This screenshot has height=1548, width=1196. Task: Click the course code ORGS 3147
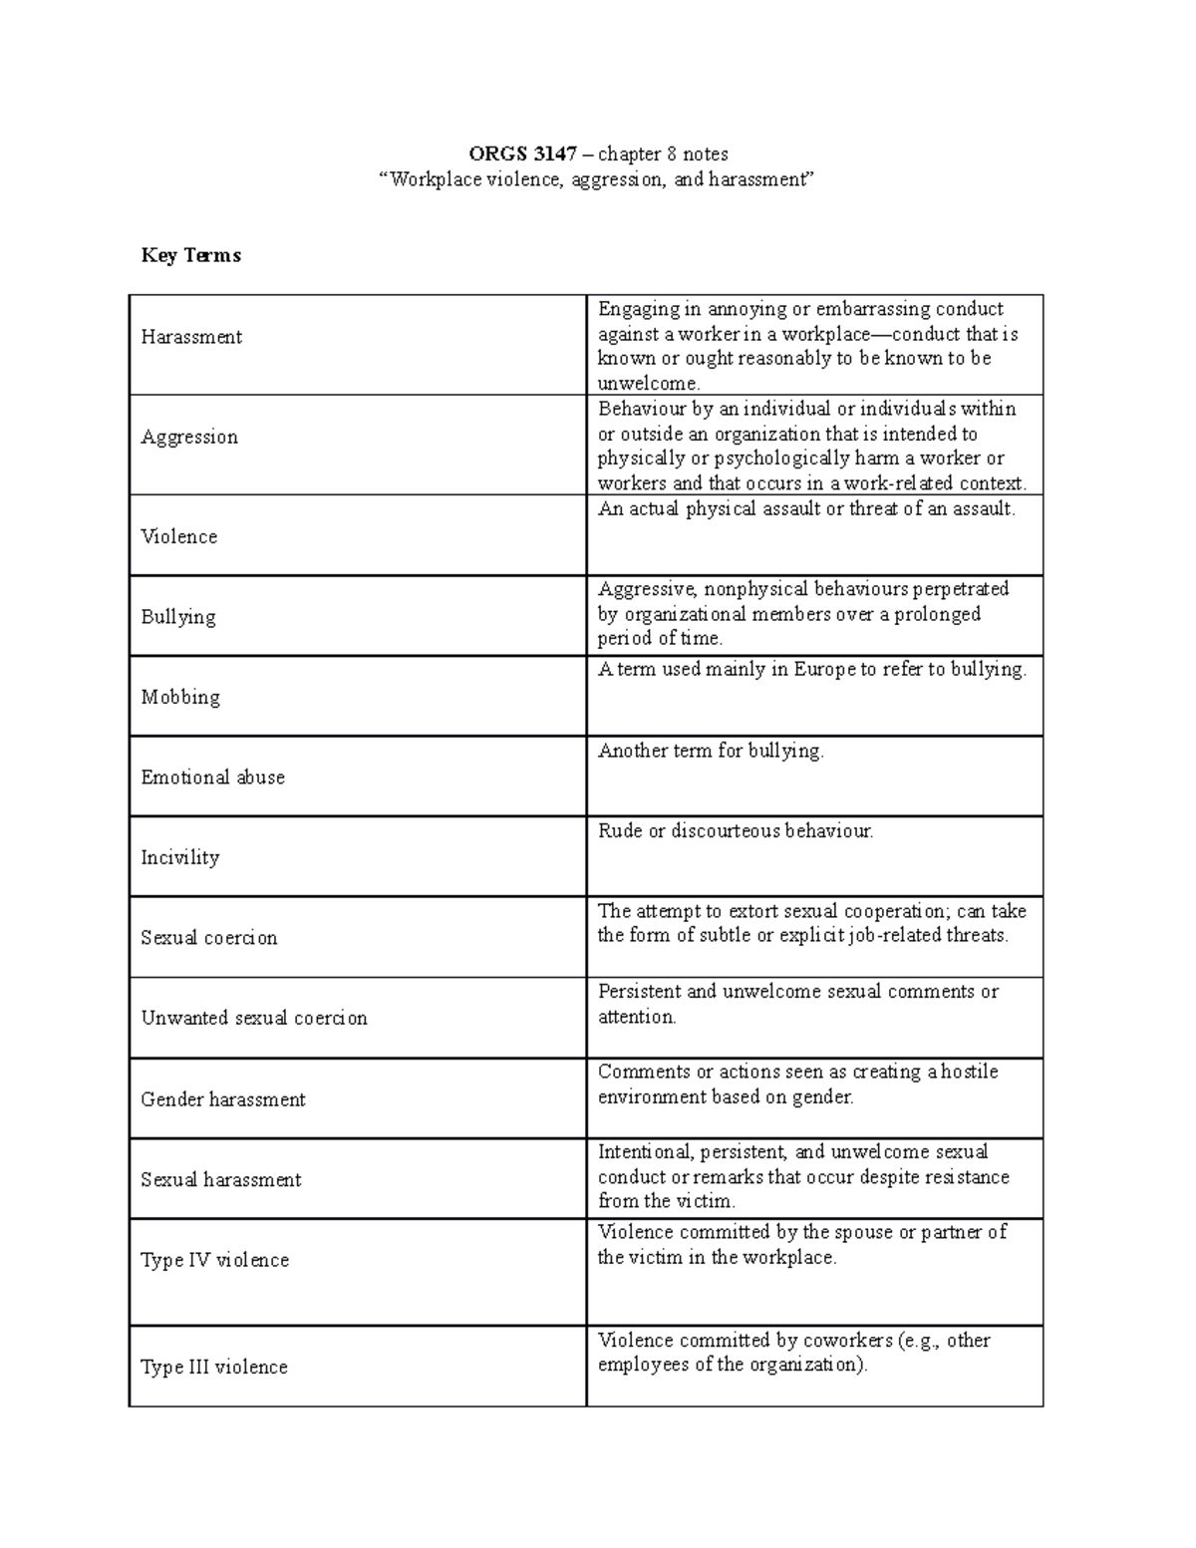522,155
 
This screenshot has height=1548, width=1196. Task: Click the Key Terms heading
190,256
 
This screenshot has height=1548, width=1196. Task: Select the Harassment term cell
191,337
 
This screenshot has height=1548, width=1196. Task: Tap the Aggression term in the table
189,438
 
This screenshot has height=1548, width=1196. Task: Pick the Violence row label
179,537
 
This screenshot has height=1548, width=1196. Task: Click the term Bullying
178,617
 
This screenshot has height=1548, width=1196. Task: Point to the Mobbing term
180,698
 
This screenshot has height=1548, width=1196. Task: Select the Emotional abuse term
212,777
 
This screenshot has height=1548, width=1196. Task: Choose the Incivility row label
179,858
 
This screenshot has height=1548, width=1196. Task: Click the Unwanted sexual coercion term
254,1019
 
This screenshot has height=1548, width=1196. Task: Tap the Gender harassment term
223,1099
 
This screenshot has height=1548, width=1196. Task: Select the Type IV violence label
215,1260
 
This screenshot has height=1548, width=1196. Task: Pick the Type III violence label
214,1368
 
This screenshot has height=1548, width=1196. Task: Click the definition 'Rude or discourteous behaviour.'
736,831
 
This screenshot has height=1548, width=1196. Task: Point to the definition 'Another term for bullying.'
711,752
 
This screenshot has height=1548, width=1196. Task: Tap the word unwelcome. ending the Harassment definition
649,384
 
